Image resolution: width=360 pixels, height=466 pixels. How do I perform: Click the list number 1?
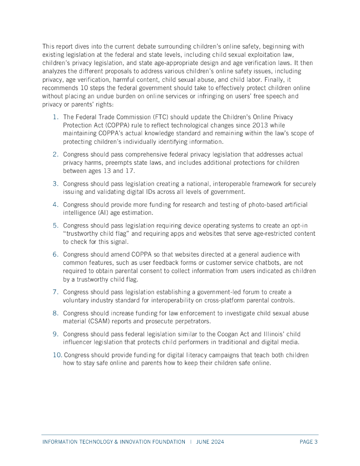pyautogui.click(x=55, y=117)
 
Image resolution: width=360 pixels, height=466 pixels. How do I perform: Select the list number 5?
pyautogui.click(x=55, y=225)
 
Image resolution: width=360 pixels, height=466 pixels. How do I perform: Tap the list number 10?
pyautogui.click(x=57, y=355)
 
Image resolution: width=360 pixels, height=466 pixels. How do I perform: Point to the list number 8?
pyautogui.click(x=55, y=313)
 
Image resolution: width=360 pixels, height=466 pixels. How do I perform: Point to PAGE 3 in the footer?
pyautogui.click(x=309, y=442)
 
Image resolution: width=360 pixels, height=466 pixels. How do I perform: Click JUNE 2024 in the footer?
pyautogui.click(x=210, y=442)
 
